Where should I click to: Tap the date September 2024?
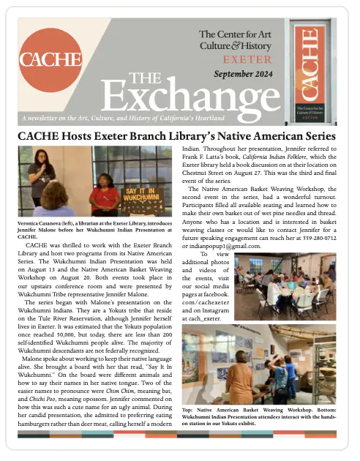(244, 75)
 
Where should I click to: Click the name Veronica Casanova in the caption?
(43, 224)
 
